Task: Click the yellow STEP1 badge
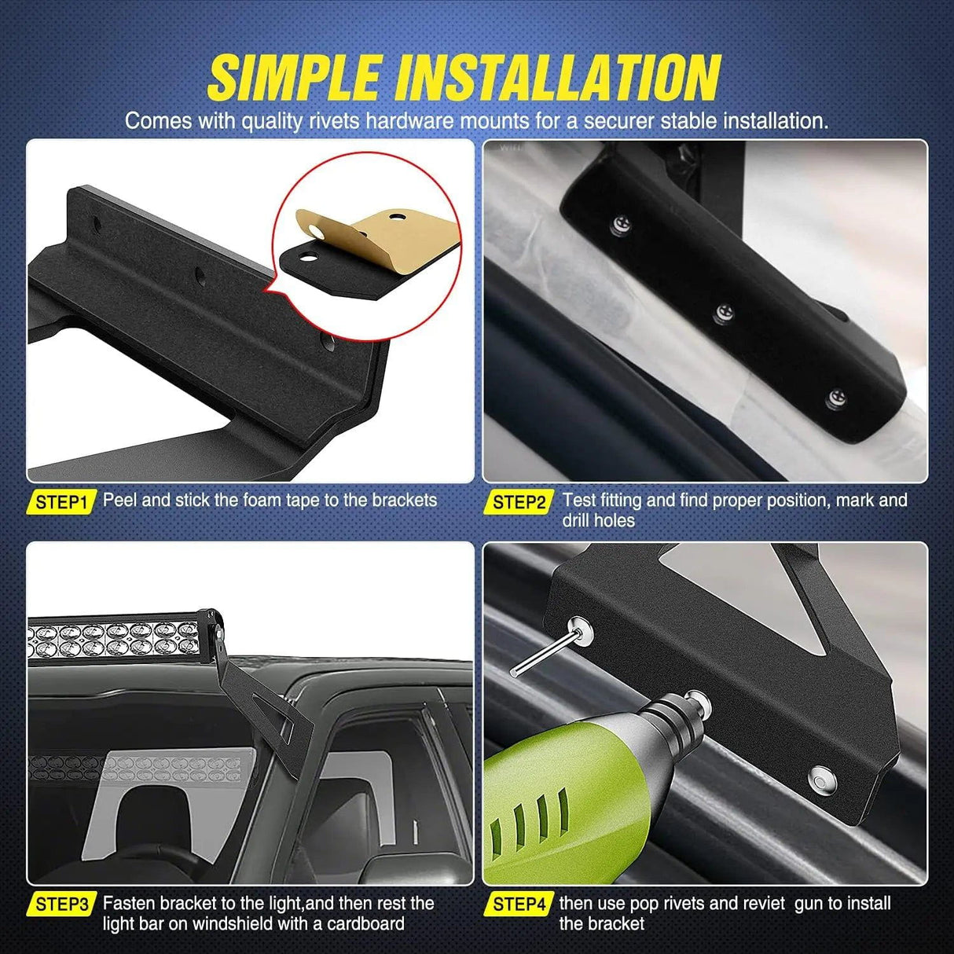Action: [61, 502]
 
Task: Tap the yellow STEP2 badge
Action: [519, 502]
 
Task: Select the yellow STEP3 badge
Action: [61, 904]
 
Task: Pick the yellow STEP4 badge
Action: [519, 904]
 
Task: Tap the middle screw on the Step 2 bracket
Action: [725, 314]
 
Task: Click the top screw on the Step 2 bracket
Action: [621, 226]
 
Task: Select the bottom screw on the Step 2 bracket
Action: [836, 399]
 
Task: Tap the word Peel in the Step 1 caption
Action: [119, 500]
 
